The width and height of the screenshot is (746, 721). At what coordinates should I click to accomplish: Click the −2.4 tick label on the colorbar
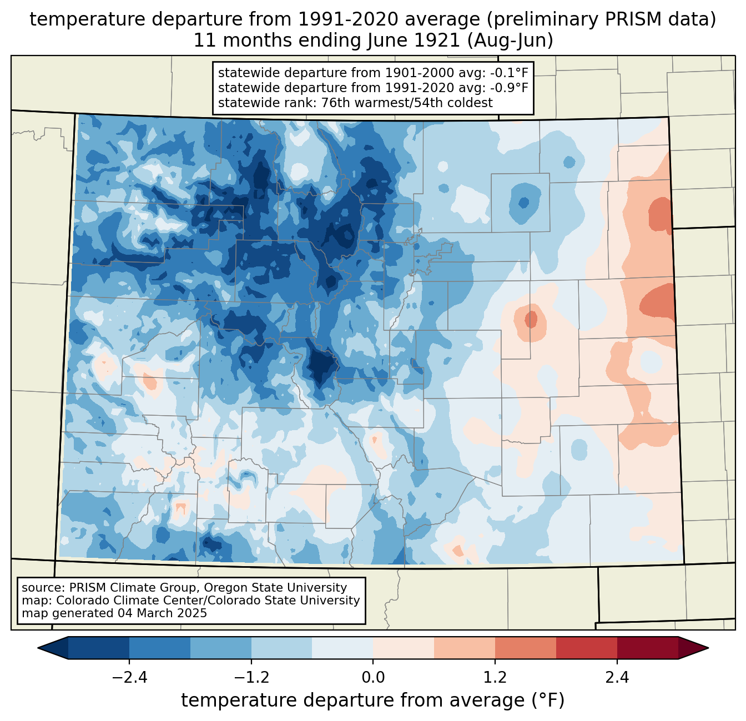[x=129, y=678]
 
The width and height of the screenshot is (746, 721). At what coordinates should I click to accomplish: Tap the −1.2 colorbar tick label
[x=251, y=678]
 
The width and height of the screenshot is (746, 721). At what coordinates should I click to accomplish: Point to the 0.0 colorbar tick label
[x=373, y=678]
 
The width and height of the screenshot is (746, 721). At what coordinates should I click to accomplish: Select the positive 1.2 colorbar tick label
[x=495, y=678]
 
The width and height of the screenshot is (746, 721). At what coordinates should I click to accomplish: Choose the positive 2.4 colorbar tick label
[x=617, y=678]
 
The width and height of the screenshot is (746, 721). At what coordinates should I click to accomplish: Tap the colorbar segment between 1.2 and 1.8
[x=525, y=648]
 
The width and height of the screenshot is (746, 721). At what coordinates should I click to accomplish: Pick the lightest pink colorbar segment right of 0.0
[x=404, y=648]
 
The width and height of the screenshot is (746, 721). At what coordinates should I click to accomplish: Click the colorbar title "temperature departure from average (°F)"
[x=373, y=700]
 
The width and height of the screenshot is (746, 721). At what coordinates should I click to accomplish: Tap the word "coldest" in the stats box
[x=470, y=103]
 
